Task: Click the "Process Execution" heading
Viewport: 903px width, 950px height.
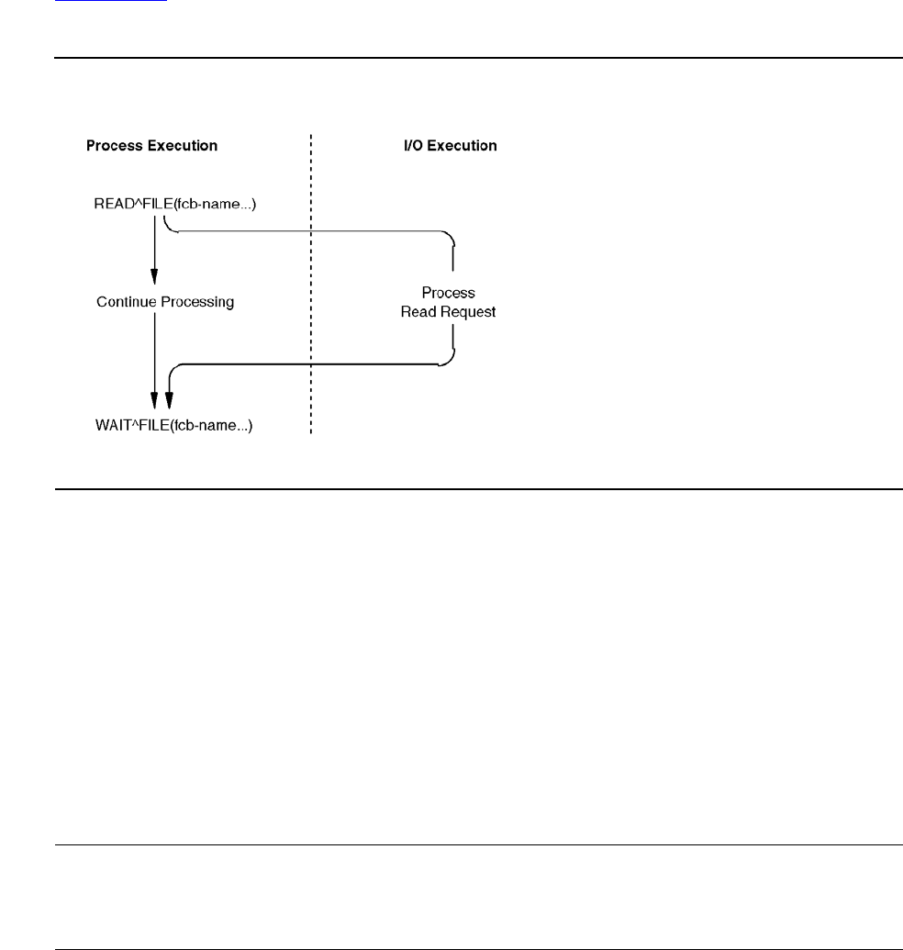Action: (x=151, y=146)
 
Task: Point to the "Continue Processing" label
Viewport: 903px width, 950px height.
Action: (x=165, y=301)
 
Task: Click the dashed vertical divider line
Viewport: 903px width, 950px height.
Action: (x=311, y=275)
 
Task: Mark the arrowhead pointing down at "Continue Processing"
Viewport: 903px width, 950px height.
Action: (x=154, y=276)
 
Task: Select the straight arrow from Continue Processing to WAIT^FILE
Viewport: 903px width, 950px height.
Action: (x=154, y=358)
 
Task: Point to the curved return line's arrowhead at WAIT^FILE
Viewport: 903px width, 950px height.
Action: (x=169, y=399)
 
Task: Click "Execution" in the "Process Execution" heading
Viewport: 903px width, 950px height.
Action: (x=185, y=146)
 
